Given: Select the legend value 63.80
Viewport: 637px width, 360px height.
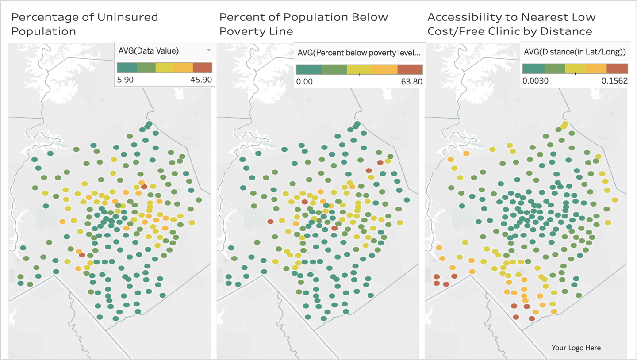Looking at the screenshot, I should coord(411,82).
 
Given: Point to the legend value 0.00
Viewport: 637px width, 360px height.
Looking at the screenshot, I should coord(304,82).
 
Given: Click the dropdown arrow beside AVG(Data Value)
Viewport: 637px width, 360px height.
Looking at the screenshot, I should coord(209,50).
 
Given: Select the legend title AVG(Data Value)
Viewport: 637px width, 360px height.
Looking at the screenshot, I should coord(149,51).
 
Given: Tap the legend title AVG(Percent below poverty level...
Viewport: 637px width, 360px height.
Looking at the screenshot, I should coord(358,53).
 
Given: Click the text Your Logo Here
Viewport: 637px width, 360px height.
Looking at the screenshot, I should coord(576,348).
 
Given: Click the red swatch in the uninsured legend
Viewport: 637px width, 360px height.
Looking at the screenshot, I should coord(203,67).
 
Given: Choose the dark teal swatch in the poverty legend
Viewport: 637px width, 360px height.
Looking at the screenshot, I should coord(309,69).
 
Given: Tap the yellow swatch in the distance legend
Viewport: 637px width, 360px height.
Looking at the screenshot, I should coord(575,68).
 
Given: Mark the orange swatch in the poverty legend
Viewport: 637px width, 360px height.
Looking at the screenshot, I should coord(385,69).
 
